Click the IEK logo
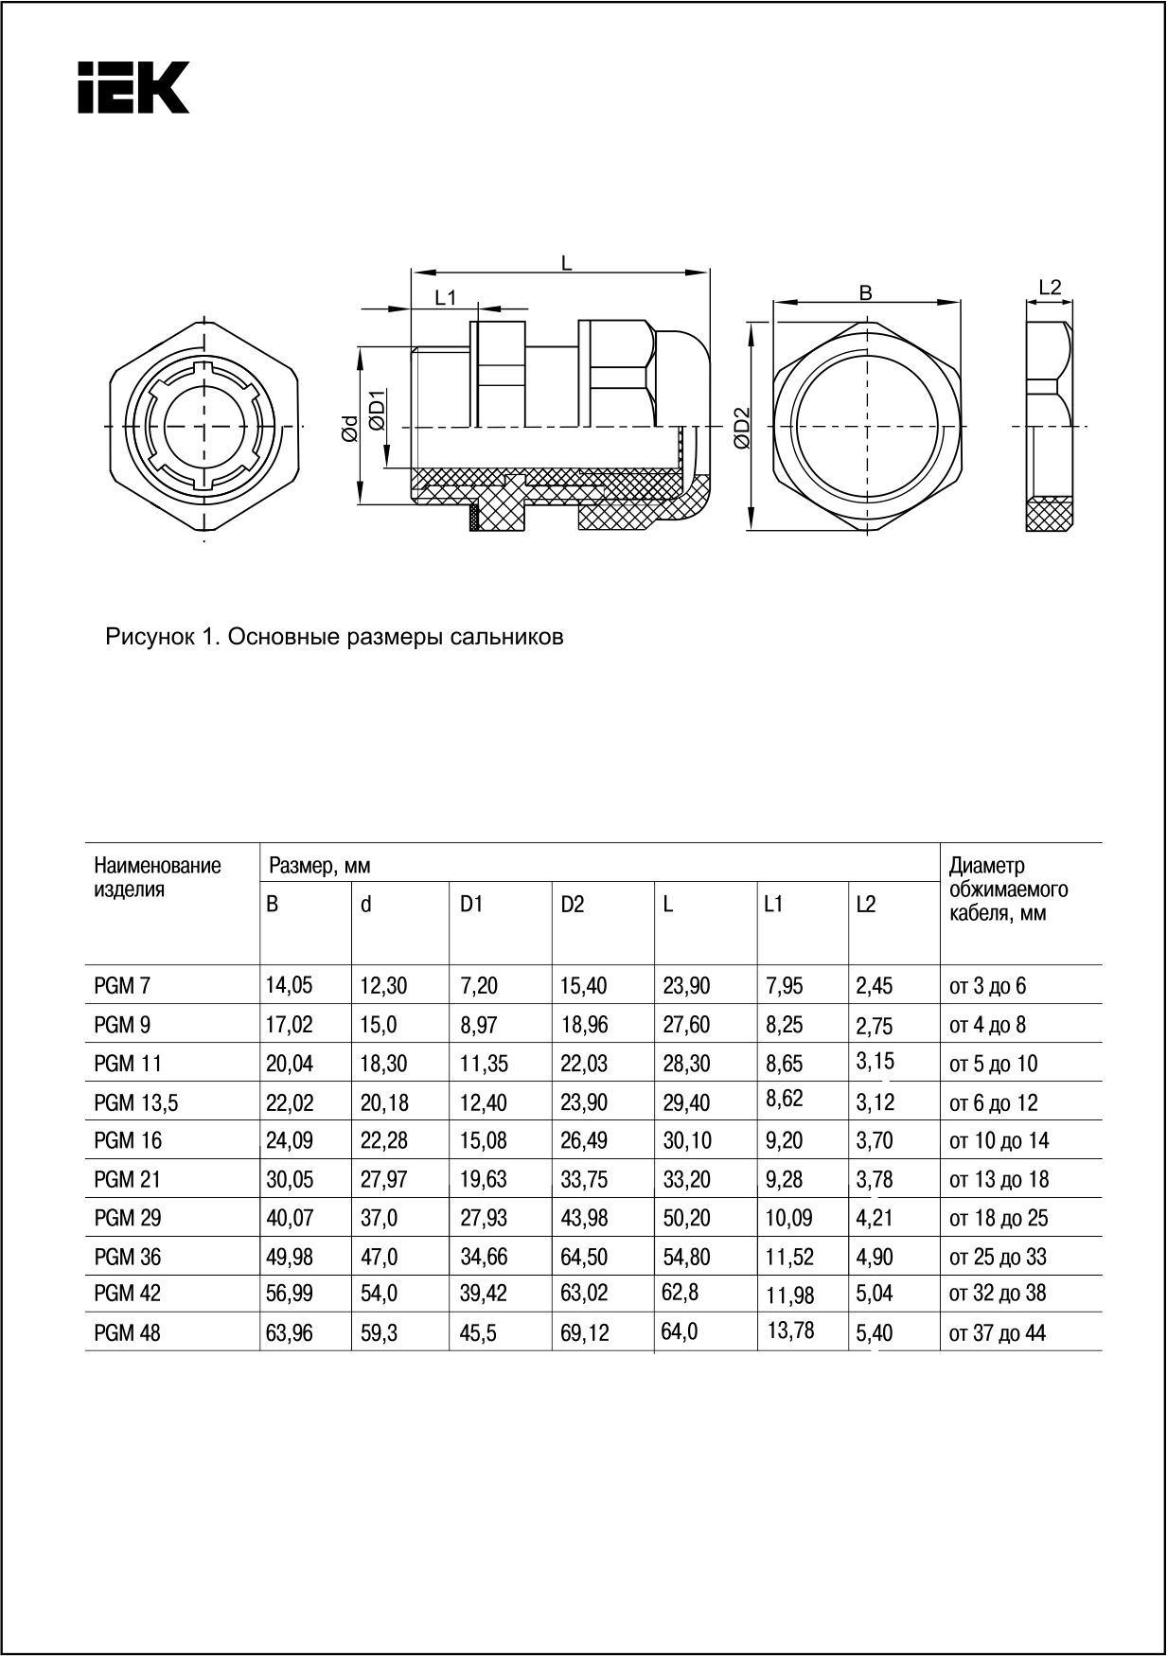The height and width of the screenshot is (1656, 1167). [x=133, y=88]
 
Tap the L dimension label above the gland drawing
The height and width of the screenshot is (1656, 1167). [x=566, y=264]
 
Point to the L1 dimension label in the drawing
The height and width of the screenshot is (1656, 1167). [x=445, y=298]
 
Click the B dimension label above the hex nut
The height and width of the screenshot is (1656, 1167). [x=865, y=293]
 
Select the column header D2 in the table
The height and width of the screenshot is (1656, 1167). [x=572, y=905]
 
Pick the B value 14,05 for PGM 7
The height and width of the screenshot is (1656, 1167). [x=289, y=986]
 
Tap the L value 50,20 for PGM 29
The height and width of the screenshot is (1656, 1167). [x=686, y=1218]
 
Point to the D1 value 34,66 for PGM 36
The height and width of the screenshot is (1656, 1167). [x=483, y=1257]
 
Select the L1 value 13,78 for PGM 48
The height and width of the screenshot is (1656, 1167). [x=790, y=1331]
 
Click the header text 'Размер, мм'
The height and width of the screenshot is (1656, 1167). [x=319, y=865]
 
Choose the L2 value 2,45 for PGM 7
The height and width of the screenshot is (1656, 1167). [x=874, y=986]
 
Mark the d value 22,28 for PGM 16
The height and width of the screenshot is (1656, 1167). [x=383, y=1141]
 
